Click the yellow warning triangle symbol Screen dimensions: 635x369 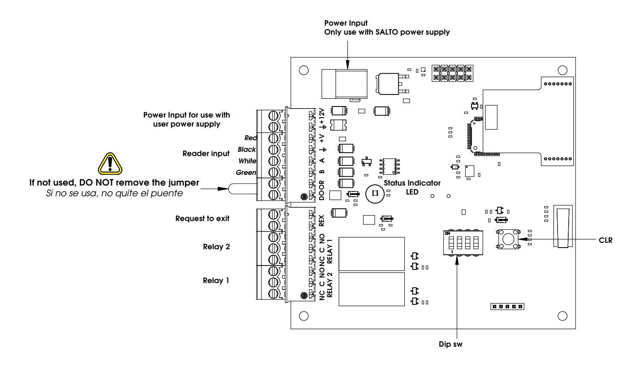tap(110, 164)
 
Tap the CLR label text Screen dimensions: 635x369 tap(605, 240)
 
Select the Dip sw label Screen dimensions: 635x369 tap(451, 344)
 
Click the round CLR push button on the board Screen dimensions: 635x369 tap(509, 239)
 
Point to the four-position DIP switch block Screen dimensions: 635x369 tap(463, 243)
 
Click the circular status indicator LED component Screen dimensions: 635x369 tap(375, 194)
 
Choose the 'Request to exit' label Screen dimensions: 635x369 tap(202, 218)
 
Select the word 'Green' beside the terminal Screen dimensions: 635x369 tap(246, 172)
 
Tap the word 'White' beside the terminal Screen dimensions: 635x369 tap(247, 161)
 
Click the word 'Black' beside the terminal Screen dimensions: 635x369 tap(246, 149)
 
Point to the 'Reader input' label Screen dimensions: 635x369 tap(206, 154)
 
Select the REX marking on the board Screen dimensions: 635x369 tap(321, 221)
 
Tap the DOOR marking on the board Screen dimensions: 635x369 tap(321, 190)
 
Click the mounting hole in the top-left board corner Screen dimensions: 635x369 tap(304, 70)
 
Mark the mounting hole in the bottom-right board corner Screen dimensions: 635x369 tap(562, 316)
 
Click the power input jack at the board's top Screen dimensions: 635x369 tap(344, 84)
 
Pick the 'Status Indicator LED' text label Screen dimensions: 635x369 tap(412, 187)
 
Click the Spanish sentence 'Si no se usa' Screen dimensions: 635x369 tap(115, 193)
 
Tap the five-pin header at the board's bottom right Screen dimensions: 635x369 tap(507, 307)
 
